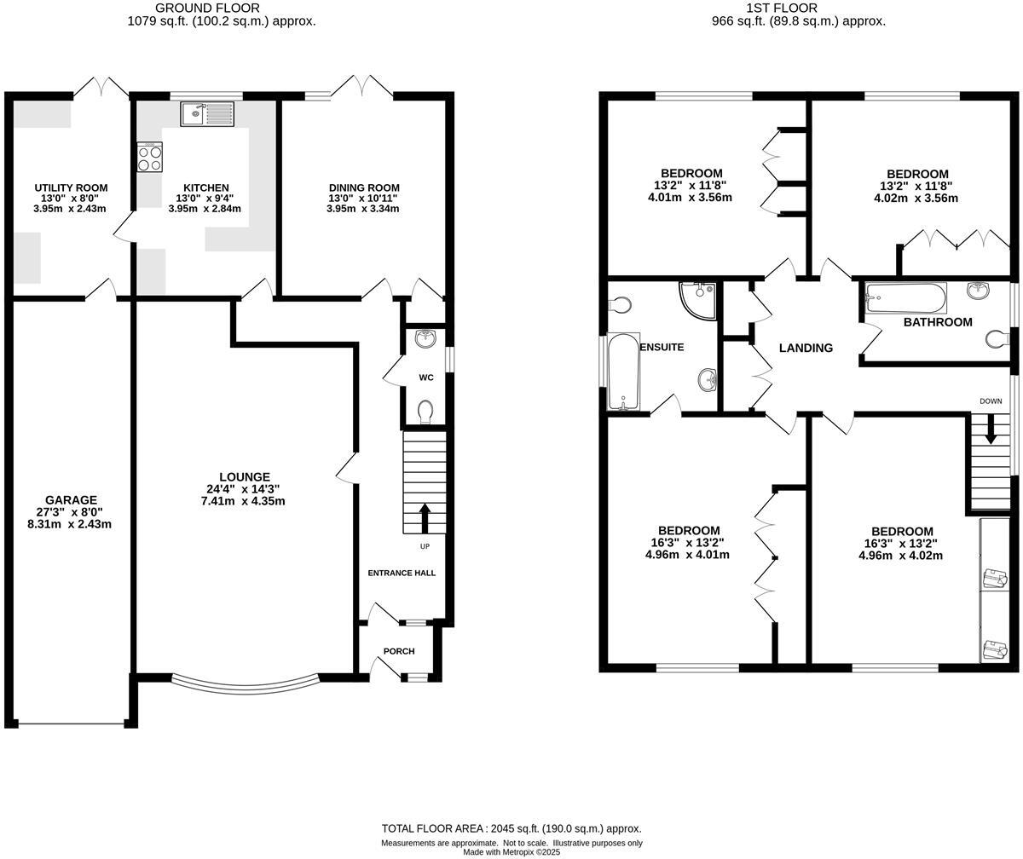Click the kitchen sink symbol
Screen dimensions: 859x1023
pos(206,114)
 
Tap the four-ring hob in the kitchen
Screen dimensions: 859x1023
pos(150,157)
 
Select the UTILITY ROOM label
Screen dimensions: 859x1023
pos(71,187)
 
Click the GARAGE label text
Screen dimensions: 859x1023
pos(72,500)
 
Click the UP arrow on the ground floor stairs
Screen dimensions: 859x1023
pos(424,516)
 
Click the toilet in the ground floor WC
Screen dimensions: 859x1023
pos(425,412)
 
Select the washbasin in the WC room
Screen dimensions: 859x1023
pos(425,339)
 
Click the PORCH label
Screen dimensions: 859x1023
pos(399,651)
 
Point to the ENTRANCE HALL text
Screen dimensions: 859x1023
pos(402,573)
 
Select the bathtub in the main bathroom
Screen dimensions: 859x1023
pos(905,298)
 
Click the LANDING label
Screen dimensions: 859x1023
pos(806,348)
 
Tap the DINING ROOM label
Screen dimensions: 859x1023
pos(364,187)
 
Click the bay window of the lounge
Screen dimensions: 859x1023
pos(246,683)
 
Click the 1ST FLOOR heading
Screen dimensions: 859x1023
pos(770,8)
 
